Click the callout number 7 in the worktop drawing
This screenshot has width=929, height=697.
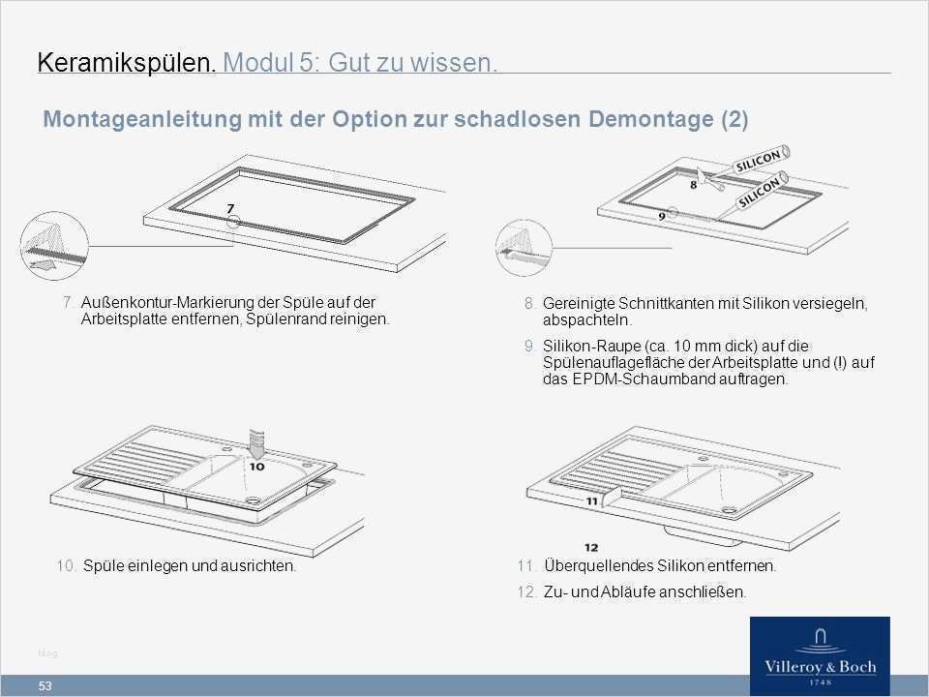(x=229, y=207)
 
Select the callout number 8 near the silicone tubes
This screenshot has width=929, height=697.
(x=693, y=183)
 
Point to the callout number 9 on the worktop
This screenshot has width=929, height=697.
(x=661, y=216)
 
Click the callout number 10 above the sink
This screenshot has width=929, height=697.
(x=255, y=465)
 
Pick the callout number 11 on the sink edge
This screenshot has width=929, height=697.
(x=593, y=501)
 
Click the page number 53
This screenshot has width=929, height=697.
(x=45, y=686)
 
